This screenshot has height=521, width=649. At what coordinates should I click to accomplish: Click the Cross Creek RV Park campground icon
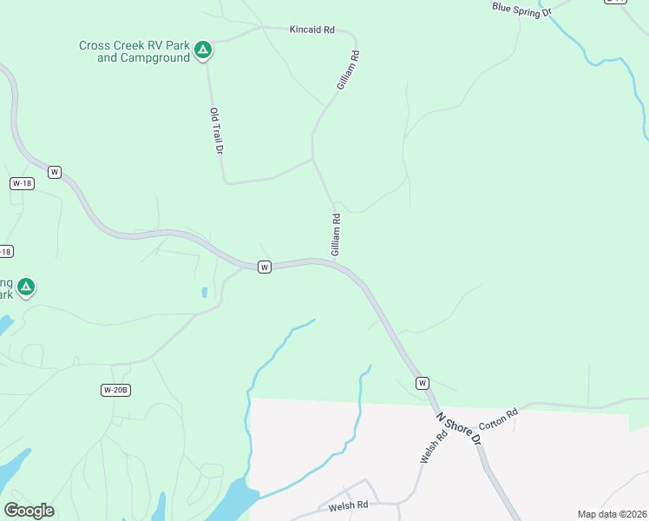(202, 49)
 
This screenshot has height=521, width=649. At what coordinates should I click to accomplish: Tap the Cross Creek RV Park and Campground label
(134, 52)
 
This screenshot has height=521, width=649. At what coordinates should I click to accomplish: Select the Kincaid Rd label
(311, 30)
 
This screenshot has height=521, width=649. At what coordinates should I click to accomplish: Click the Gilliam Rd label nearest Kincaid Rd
(349, 70)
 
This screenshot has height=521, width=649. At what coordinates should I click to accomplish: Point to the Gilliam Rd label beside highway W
(336, 234)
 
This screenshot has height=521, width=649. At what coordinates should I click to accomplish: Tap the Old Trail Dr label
(217, 131)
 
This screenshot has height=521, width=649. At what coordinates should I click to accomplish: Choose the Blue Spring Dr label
(521, 9)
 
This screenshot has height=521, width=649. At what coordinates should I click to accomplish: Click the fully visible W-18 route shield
(22, 183)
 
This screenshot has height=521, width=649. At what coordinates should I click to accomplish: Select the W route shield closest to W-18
(55, 172)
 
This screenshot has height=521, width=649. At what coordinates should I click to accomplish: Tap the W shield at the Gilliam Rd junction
(265, 267)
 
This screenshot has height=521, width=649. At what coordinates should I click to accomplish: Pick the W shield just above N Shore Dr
(423, 383)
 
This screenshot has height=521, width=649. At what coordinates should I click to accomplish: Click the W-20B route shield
(115, 390)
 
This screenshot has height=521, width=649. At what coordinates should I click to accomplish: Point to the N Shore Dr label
(459, 427)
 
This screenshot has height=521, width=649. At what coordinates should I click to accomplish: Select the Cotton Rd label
(500, 418)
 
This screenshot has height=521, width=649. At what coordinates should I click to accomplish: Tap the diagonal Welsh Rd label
(434, 447)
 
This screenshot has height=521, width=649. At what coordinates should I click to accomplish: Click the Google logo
(29, 511)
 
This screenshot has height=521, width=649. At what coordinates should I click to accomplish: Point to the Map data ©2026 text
(612, 514)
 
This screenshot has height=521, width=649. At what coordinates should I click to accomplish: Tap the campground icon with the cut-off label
(26, 286)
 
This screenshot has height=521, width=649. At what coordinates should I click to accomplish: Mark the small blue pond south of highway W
(204, 293)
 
